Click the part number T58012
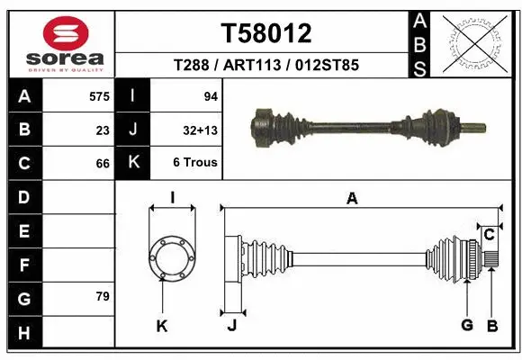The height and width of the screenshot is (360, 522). click(x=266, y=33)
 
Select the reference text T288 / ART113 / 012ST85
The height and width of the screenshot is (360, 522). click(x=266, y=65)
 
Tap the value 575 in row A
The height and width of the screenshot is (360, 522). click(x=99, y=95)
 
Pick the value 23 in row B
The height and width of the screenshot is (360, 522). click(x=103, y=130)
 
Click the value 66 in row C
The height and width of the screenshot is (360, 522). click(x=103, y=164)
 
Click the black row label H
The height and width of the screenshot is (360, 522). click(x=23, y=333)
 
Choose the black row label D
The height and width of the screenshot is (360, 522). click(x=23, y=197)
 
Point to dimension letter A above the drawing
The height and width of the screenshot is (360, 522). click(x=352, y=198)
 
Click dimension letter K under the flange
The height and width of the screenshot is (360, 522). click(x=162, y=326)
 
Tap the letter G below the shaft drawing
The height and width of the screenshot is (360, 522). click(x=466, y=325)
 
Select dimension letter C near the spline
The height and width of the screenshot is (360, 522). click(x=489, y=235)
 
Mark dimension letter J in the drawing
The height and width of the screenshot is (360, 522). click(x=231, y=326)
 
